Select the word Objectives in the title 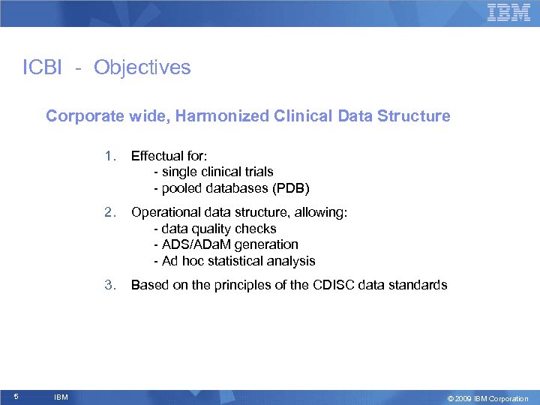[142, 67]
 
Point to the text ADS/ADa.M [194, 244]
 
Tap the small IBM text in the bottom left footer [61, 397]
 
